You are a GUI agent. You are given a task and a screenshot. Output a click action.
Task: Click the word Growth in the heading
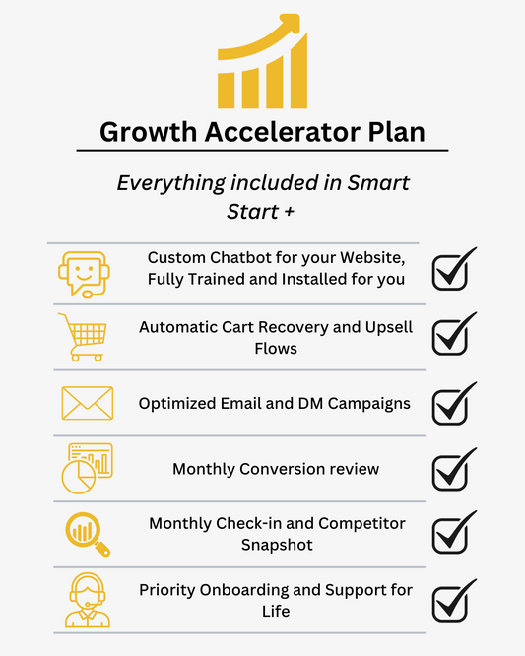tap(150, 131)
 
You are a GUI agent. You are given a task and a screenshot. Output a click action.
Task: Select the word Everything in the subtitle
tap(164, 183)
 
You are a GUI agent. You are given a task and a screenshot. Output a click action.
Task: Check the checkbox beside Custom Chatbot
tap(453, 270)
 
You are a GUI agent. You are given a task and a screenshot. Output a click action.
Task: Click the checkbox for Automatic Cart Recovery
tap(453, 336)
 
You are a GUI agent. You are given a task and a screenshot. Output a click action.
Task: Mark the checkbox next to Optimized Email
tap(453, 403)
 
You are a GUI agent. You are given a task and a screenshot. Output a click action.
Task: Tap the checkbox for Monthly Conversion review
tap(453, 469)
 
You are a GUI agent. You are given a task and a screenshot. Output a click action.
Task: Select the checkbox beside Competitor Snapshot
tap(453, 534)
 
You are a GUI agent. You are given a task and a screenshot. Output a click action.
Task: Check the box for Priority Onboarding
tap(453, 599)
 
